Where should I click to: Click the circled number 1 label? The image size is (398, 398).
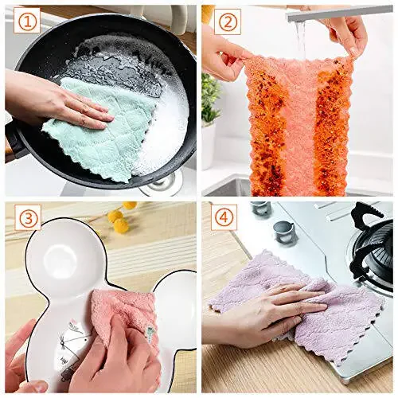coord(26,22)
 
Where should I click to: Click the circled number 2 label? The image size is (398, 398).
coord(226,22)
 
